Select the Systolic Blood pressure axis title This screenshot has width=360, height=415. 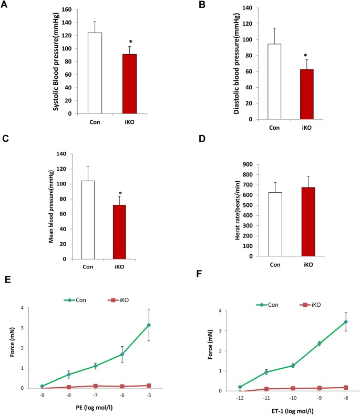point(55,61)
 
